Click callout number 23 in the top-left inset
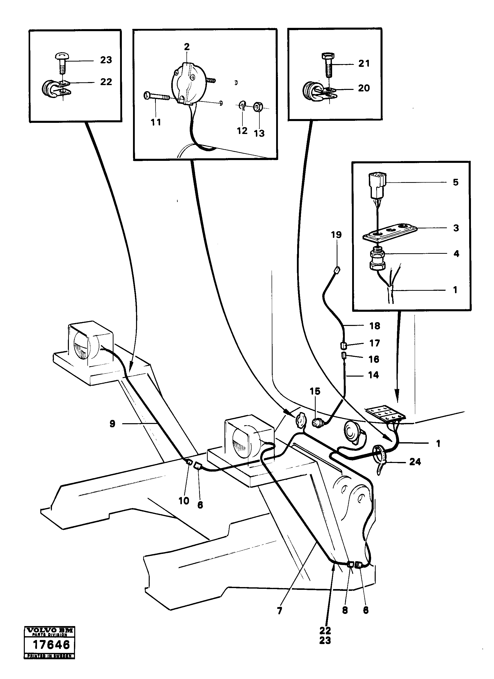[106, 60]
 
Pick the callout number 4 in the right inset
[456, 254]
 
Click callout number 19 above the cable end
[336, 235]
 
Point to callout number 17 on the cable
[374, 343]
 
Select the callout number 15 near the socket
[315, 391]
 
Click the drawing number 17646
[51, 644]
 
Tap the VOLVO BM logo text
[49, 630]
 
